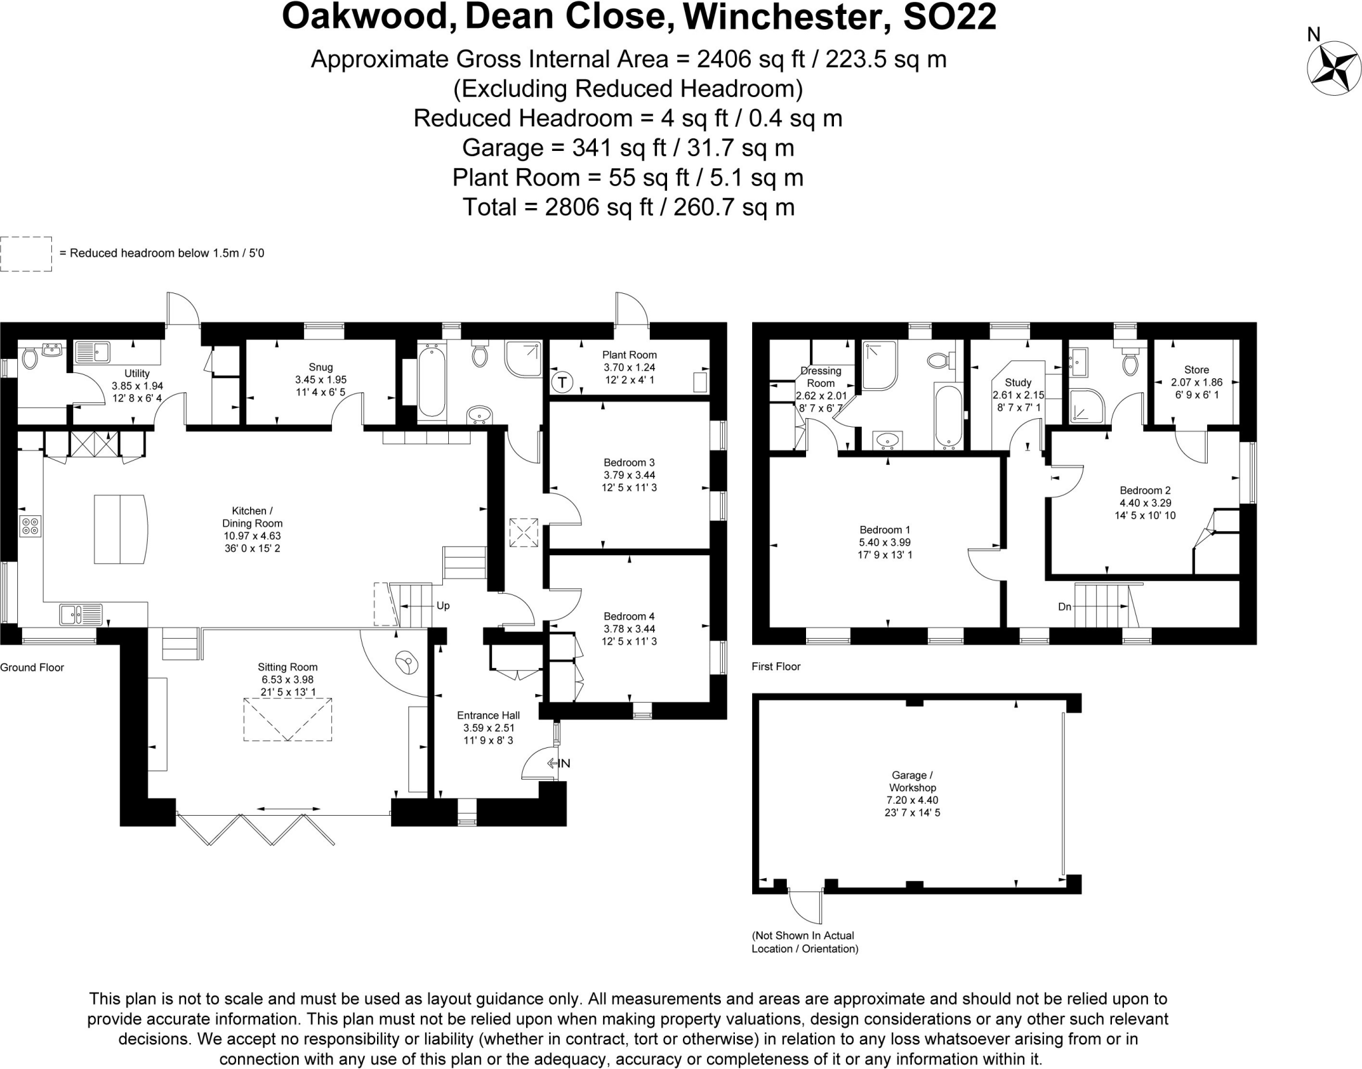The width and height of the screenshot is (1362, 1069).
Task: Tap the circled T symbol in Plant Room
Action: click(562, 382)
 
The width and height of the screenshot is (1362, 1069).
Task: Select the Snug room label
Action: click(321, 367)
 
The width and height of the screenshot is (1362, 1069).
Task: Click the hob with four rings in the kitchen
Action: click(31, 526)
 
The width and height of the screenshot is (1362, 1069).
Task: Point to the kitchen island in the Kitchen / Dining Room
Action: click(120, 529)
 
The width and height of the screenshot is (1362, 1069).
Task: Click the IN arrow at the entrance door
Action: click(559, 763)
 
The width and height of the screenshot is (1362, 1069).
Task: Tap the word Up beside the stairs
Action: click(443, 606)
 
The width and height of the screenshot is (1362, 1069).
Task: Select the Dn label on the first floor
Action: click(1065, 607)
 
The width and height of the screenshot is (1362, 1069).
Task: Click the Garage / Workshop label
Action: click(912, 781)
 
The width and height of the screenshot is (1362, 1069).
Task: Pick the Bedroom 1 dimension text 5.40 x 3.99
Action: click(885, 542)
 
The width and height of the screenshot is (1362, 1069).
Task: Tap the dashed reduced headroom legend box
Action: click(26, 254)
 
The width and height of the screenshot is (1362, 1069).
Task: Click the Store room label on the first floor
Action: click(1196, 370)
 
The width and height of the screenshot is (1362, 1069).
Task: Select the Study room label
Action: click(1018, 382)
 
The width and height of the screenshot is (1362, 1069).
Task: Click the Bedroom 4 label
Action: click(629, 616)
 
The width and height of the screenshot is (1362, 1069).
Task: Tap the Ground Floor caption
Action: click(32, 667)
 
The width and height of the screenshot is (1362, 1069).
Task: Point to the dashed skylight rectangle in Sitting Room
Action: click(287, 719)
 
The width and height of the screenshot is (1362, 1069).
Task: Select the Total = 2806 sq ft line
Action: click(628, 207)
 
